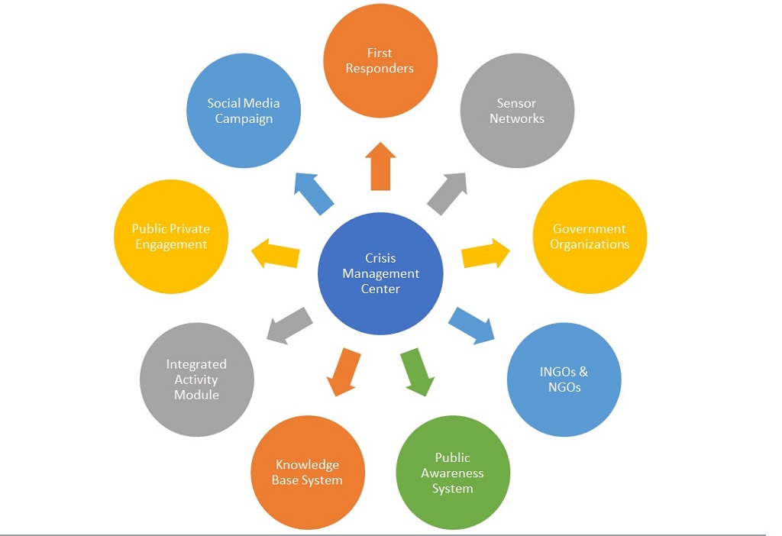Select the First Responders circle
[380, 61]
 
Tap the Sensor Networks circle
[517, 111]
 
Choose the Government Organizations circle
[590, 237]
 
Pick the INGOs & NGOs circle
[564, 379]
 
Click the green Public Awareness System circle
[453, 473]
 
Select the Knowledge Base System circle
[308, 473]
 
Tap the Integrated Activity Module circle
[197, 379]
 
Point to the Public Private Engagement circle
[170, 237]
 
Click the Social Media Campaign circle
[244, 111]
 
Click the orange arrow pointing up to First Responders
[380, 166]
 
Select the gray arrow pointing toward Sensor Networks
[448, 193]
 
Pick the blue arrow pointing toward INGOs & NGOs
[472, 322]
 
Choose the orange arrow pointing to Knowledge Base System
[344, 371]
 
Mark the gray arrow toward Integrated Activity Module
[289, 324]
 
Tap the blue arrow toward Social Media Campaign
[315, 193]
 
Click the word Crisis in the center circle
[380, 259]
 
